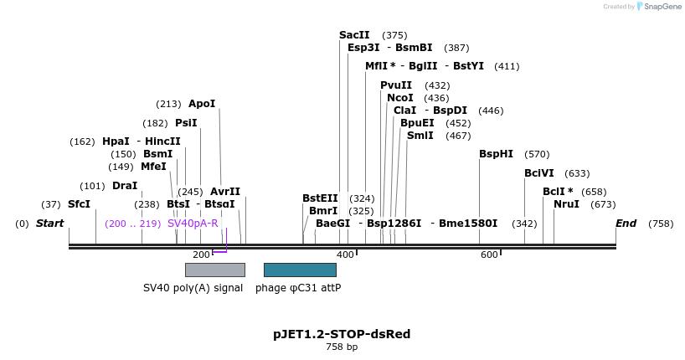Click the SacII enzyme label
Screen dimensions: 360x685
tap(354, 35)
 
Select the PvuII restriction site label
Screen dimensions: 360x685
tap(396, 85)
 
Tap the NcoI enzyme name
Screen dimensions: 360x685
tap(400, 98)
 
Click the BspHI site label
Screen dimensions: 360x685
tap(496, 154)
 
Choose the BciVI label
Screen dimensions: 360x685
tap(539, 173)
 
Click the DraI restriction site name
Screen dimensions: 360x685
tap(125, 186)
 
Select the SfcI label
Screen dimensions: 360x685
tap(79, 204)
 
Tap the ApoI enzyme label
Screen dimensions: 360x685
tap(202, 104)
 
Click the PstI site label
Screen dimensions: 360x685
tap(186, 123)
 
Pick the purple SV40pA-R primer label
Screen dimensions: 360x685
tap(193, 224)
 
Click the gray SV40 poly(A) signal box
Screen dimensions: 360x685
tap(214, 270)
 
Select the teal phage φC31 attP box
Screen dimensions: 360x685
tap(300, 270)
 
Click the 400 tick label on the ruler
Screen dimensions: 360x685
tap(345, 255)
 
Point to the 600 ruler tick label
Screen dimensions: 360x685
tap(489, 255)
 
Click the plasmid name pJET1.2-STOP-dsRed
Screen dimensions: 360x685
tap(342, 334)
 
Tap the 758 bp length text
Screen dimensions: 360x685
tap(342, 347)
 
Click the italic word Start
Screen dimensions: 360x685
tap(50, 224)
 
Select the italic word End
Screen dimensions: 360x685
tap(626, 224)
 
